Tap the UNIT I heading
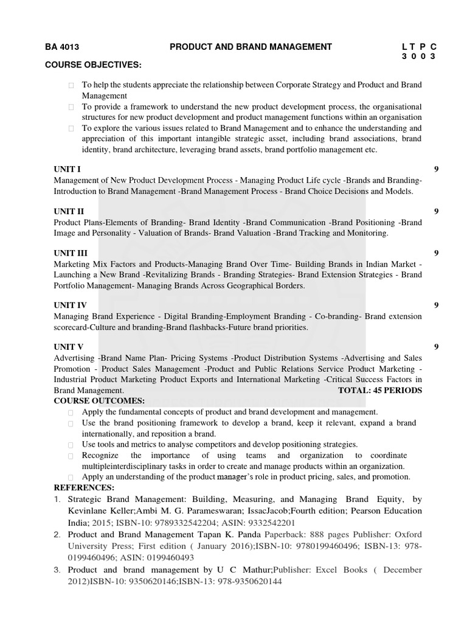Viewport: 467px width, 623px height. coord(67,169)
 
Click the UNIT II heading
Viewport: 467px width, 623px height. coord(69,211)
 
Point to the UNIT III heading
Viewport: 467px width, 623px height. coord(70,253)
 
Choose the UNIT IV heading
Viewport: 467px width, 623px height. coord(70,305)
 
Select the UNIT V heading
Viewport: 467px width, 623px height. coord(68,347)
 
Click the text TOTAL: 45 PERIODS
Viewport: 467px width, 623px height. coord(379,390)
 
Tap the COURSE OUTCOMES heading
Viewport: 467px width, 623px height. coord(99,401)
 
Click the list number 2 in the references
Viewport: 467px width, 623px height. coord(57,534)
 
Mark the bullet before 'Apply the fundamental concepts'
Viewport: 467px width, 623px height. coord(72,412)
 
